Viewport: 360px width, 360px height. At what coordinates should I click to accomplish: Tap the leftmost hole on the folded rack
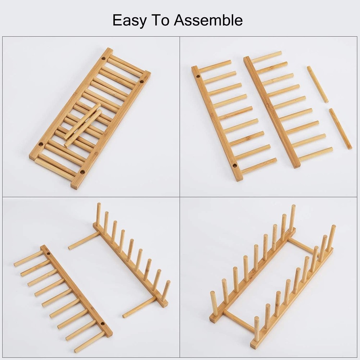click(x=41, y=144)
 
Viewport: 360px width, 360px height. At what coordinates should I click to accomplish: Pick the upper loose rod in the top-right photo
click(x=318, y=84)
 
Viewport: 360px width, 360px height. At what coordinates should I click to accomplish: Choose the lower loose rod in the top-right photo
click(x=340, y=129)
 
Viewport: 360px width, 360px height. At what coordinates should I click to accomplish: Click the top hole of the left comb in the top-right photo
click(x=198, y=77)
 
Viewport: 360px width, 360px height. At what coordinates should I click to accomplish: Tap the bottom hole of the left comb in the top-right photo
click(x=235, y=166)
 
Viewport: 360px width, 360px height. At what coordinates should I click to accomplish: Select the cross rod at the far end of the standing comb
click(x=84, y=241)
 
